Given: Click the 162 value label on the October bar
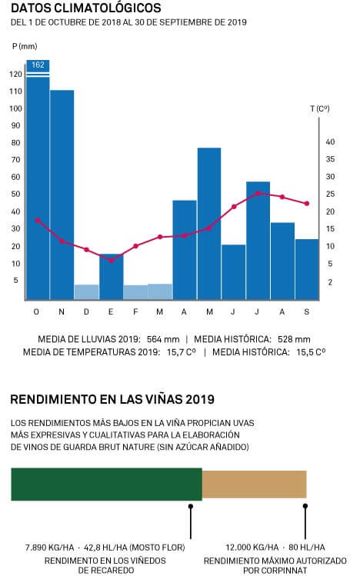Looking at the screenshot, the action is (38, 65).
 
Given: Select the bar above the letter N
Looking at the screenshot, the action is (62, 195).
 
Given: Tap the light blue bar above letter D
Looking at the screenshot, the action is (86, 292).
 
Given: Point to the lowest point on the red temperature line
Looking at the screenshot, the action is (112, 261).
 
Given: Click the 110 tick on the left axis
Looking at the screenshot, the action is (16, 91).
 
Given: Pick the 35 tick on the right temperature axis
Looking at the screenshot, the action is (330, 159).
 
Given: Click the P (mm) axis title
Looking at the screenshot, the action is (25, 46).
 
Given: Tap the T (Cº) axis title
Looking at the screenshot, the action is (320, 108).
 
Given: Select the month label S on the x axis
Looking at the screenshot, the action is (307, 312).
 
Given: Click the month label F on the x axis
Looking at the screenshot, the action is (135, 312).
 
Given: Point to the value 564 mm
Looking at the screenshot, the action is (163, 339).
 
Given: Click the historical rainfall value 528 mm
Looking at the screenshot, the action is (294, 339).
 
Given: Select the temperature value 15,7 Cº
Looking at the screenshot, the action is (182, 352).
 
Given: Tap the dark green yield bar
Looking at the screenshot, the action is (106, 484).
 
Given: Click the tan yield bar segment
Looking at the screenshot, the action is (254, 484).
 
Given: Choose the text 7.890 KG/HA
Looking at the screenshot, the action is (49, 548).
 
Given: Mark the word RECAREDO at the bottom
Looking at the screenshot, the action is (115, 571).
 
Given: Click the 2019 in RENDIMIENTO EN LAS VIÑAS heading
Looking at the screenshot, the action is (200, 399).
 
